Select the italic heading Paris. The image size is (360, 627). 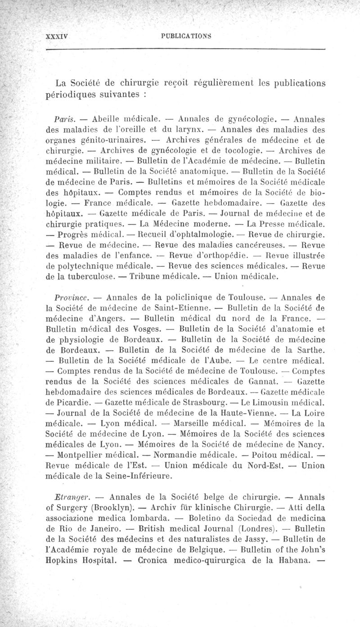(63, 119)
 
